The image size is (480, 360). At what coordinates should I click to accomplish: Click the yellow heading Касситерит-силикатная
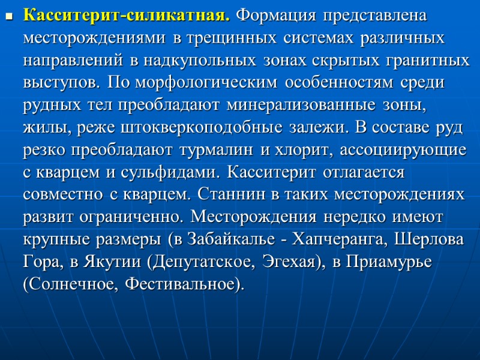127,16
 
